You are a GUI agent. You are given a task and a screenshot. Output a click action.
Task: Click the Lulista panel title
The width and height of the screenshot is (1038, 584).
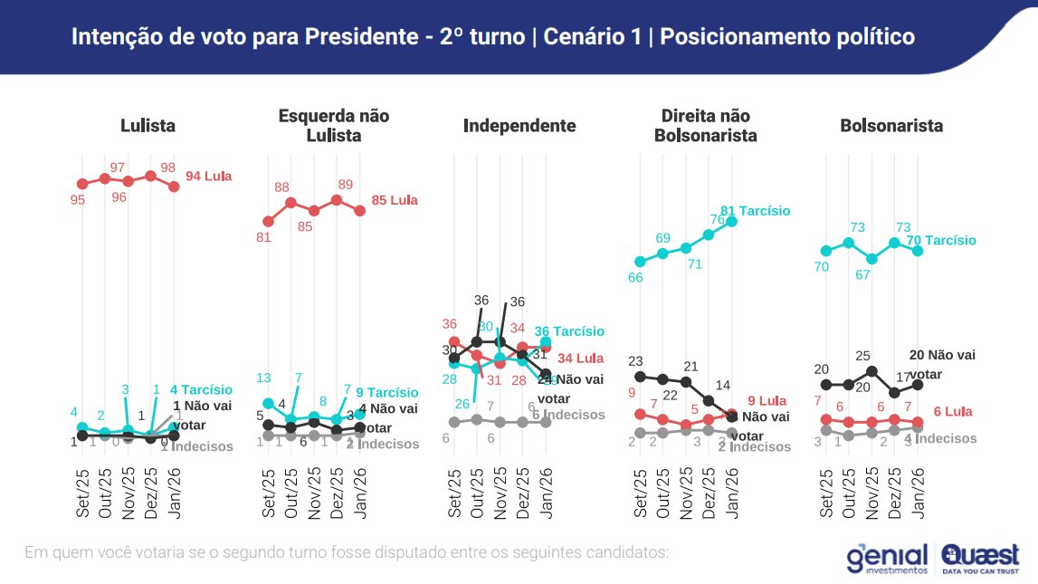(148, 126)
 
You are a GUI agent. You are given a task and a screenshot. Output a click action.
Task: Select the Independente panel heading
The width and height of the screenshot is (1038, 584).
(519, 126)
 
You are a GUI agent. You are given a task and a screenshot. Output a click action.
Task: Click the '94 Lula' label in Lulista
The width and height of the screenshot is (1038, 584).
(208, 177)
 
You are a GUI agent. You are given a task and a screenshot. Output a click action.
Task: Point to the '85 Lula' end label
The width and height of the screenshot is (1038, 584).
(395, 200)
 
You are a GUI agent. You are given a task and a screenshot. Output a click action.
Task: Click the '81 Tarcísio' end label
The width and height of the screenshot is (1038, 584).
(755, 211)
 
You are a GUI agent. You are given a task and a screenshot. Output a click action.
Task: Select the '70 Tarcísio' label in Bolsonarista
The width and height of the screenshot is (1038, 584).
(942, 241)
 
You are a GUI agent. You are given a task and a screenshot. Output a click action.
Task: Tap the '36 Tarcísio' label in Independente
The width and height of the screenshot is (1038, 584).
(568, 331)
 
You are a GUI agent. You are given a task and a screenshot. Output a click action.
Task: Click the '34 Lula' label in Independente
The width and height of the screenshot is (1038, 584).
(580, 359)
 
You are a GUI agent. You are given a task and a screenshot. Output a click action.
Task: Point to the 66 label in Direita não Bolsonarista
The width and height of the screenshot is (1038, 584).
(636, 277)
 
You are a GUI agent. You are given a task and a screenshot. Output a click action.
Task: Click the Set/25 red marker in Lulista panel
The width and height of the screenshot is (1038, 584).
(82, 184)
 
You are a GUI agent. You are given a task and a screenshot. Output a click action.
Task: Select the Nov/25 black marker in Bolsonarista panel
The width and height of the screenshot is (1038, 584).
(871, 370)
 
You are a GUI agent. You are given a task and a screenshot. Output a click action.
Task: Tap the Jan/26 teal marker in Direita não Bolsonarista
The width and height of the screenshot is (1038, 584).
(731, 221)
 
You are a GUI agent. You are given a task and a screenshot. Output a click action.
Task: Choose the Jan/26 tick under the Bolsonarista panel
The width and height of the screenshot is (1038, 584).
(918, 493)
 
